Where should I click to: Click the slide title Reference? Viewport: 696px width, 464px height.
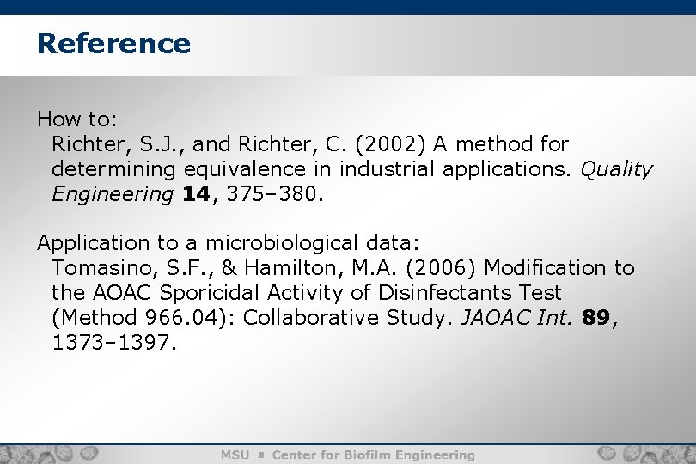pyautogui.click(x=113, y=43)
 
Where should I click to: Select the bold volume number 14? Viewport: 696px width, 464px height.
pyautogui.click(x=195, y=194)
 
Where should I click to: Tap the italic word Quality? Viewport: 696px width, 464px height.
pyautogui.click(x=617, y=169)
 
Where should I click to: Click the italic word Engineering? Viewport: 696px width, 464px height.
pyautogui.click(x=112, y=194)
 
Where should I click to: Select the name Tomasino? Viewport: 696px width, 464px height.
pyautogui.click(x=100, y=268)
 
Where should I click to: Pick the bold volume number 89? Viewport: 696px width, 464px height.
pyautogui.click(x=595, y=318)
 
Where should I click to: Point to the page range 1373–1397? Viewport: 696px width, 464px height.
pyautogui.click(x=113, y=343)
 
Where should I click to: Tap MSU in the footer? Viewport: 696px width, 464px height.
pyautogui.click(x=235, y=455)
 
